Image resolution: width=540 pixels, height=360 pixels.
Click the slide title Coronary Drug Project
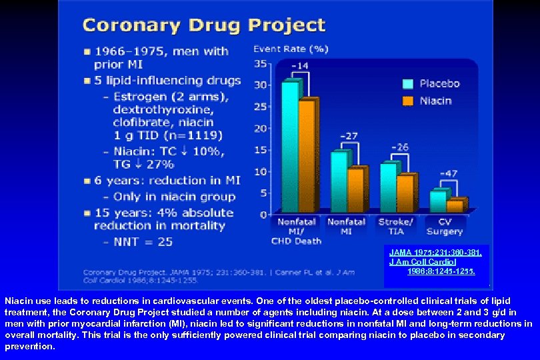pos(203,25)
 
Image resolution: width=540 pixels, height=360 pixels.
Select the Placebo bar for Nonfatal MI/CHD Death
pos(290,147)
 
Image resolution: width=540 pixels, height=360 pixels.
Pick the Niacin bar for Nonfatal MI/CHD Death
pos(307,157)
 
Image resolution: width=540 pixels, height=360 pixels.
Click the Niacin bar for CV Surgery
pos(455,205)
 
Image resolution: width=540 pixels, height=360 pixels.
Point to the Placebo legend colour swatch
pos(407,84)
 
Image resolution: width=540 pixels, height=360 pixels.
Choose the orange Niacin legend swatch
pos(407,101)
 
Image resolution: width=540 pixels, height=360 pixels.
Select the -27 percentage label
pos(349,136)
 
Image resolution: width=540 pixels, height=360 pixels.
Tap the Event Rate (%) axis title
pos(282,49)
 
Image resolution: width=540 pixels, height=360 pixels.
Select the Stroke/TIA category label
pos(396,226)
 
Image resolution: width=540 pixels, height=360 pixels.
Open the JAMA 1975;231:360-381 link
pos(435,253)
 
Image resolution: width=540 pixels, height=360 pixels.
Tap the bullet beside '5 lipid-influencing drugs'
pos(87,81)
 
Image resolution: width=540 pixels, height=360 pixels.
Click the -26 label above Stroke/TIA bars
pos(399,147)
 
